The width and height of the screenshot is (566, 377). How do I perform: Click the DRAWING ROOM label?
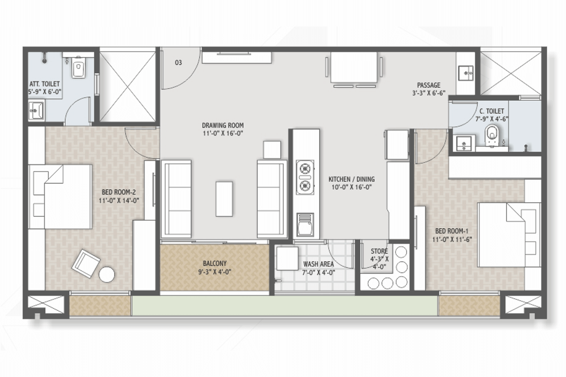click(223, 125)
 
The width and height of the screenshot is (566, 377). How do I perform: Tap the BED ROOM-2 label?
click(119, 192)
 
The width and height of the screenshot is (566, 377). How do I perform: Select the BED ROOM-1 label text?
click(452, 231)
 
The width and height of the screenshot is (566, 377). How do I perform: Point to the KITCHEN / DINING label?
click(351, 179)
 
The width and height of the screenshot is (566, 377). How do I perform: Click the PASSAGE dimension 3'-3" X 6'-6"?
click(429, 93)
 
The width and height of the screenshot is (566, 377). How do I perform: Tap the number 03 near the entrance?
click(178, 62)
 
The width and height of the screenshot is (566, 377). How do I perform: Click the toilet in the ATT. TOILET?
click(78, 67)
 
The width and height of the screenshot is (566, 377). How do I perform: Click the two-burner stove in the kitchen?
click(305, 177)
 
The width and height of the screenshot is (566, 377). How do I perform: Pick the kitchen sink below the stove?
click(305, 225)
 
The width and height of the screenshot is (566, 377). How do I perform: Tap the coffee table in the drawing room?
click(224, 199)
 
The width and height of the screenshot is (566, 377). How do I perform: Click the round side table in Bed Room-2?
click(107, 274)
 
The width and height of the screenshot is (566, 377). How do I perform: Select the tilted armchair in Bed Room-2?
click(86, 264)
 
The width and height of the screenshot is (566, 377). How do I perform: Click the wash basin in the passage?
click(466, 73)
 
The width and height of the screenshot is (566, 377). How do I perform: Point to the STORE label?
click(379, 251)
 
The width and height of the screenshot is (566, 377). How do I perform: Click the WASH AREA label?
click(318, 264)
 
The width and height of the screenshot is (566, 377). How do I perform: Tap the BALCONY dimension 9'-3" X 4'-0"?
click(215, 272)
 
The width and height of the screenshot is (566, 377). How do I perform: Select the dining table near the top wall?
click(354, 67)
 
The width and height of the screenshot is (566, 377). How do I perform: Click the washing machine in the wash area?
click(287, 259)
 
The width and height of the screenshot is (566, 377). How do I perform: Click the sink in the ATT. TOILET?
click(36, 110)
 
